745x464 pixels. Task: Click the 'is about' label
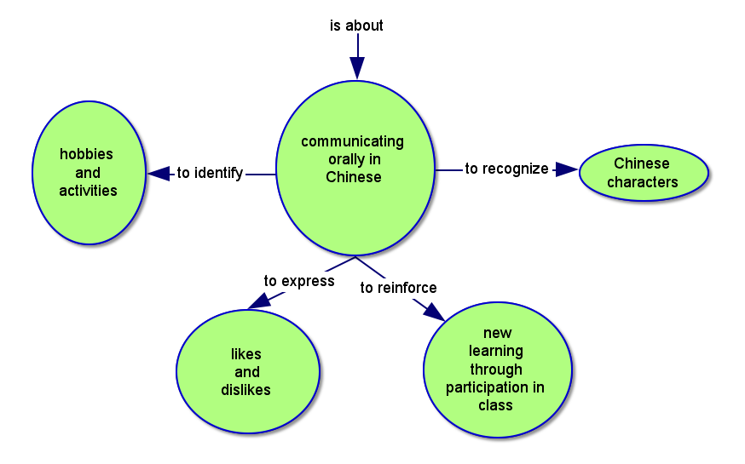pyautogui.click(x=356, y=26)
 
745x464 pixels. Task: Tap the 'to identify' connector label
pyautogui.click(x=210, y=173)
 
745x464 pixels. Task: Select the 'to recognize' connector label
pyautogui.click(x=506, y=169)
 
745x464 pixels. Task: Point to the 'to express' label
pyautogui.click(x=298, y=281)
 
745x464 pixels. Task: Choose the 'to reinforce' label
pyautogui.click(x=398, y=288)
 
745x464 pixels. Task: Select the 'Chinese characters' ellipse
pyautogui.click(x=643, y=173)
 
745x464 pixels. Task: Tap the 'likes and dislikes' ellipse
pyautogui.click(x=246, y=372)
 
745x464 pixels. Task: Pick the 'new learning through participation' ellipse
pyautogui.click(x=496, y=370)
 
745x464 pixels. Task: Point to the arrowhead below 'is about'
pyautogui.click(x=357, y=68)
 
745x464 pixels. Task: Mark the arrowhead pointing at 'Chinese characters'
pyautogui.click(x=566, y=169)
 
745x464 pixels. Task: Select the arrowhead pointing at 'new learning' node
pyautogui.click(x=434, y=311)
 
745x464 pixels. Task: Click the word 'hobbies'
pyautogui.click(x=86, y=154)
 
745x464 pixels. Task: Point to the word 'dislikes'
pyautogui.click(x=245, y=390)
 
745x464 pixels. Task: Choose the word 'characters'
pyautogui.click(x=643, y=181)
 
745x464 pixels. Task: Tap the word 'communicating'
pyautogui.click(x=352, y=141)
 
